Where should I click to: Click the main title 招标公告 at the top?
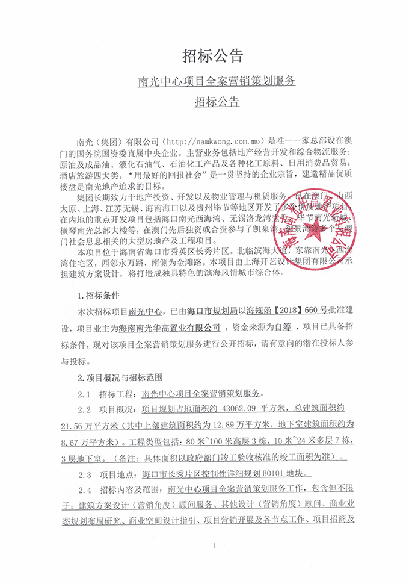pyautogui.click(x=204, y=57)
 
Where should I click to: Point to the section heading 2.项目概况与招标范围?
pyautogui.click(x=121, y=379)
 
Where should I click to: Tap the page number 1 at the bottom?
pyautogui.click(x=214, y=545)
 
